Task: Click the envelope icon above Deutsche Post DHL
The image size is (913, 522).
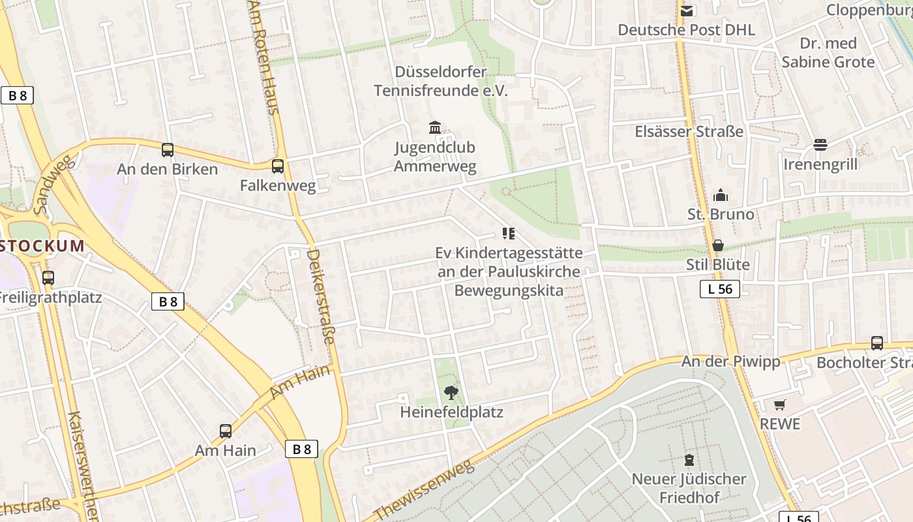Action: [686, 10]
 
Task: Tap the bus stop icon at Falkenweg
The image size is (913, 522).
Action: [278, 166]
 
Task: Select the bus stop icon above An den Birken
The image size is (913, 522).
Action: [168, 150]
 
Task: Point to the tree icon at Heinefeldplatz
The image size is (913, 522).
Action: [451, 392]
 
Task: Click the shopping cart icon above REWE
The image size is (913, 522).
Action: [780, 405]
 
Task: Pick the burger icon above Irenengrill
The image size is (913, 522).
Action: [820, 145]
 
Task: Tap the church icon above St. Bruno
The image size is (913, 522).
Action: [721, 195]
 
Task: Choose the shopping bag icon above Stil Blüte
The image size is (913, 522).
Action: [718, 245]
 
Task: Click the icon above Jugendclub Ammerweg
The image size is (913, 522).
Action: [435, 127]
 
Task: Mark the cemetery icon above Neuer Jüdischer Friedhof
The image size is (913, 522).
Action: [689, 459]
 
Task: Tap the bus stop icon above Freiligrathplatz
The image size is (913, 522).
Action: [48, 278]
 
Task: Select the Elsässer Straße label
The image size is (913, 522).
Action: [689, 131]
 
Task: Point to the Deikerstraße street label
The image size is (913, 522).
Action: [322, 296]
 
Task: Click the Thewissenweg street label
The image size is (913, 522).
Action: [423, 489]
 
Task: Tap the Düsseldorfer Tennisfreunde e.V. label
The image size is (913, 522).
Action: [440, 81]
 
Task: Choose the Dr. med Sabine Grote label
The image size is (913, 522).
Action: [828, 53]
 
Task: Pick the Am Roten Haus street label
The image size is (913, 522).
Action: [263, 55]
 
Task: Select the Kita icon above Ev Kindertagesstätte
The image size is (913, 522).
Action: [509, 234]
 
